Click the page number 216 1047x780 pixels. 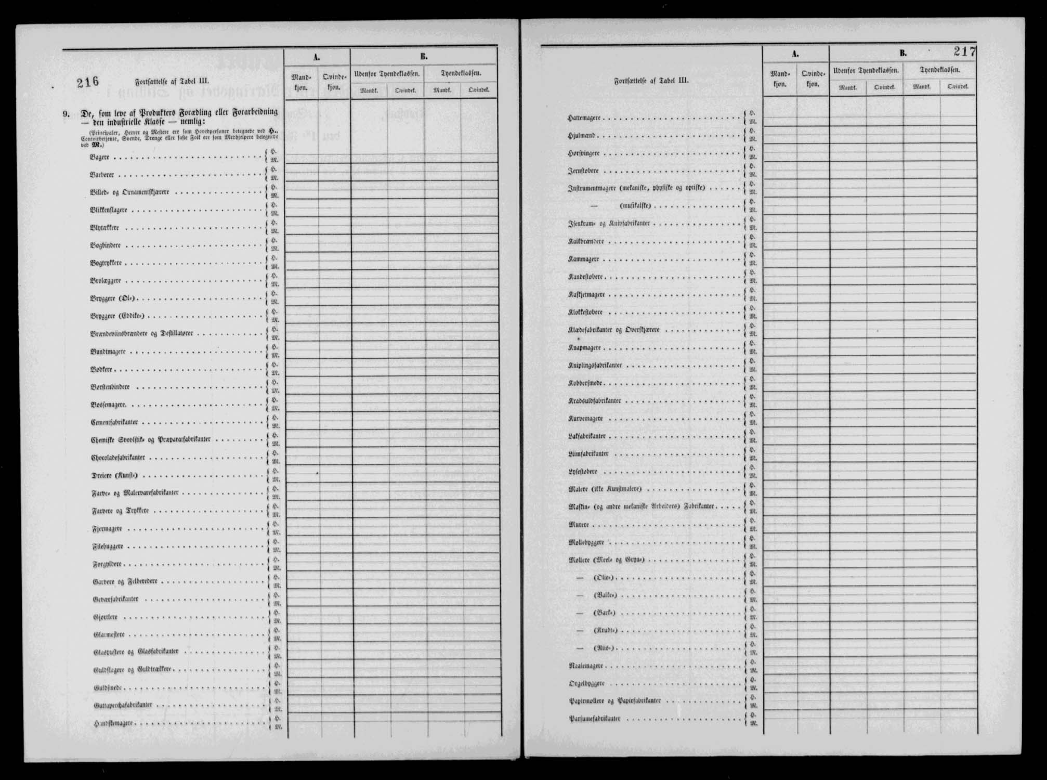pos(87,82)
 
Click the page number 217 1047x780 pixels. pos(965,51)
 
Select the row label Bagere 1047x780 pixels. pos(99,157)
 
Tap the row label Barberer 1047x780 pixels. pos(102,175)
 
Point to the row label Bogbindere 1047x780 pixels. pos(106,245)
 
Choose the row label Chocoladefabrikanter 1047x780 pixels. pos(118,458)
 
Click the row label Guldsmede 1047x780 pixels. pos(108,687)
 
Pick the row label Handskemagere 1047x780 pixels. pos(114,723)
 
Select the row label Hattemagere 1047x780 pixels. pos(584,118)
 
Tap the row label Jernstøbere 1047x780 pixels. pos(583,171)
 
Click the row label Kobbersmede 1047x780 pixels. pos(585,383)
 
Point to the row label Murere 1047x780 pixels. pos(579,525)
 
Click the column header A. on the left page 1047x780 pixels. pos(317,57)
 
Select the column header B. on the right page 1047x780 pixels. pos(902,54)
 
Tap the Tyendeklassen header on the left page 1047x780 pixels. pos(461,73)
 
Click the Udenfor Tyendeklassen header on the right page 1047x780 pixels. pos(866,70)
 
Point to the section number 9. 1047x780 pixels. pos(66,112)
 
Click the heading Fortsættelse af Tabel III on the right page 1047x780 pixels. pos(651,81)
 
